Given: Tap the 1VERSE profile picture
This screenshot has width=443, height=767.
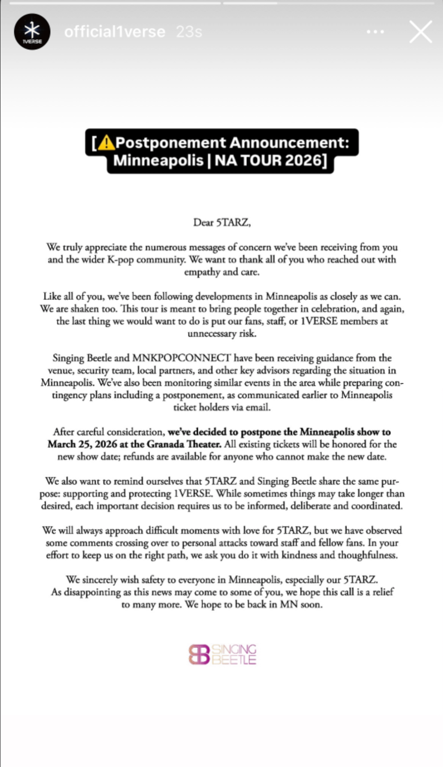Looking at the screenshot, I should coord(32,32).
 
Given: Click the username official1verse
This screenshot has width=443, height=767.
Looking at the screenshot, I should coord(114,32).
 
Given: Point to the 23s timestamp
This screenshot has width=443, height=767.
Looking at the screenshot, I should coord(189,32).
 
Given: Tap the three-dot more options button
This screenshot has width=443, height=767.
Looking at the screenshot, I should coord(375,32).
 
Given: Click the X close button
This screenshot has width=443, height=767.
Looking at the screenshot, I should coord(421,32).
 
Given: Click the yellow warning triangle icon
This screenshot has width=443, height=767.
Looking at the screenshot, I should coord(106,142).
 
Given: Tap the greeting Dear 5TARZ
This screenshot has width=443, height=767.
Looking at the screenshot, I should coord(221,222).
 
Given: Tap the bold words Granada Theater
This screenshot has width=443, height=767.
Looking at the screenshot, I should coord(184,444).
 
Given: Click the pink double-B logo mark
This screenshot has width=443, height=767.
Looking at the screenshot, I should coord(199,654).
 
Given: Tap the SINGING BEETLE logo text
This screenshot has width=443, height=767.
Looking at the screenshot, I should coord(234,654).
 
